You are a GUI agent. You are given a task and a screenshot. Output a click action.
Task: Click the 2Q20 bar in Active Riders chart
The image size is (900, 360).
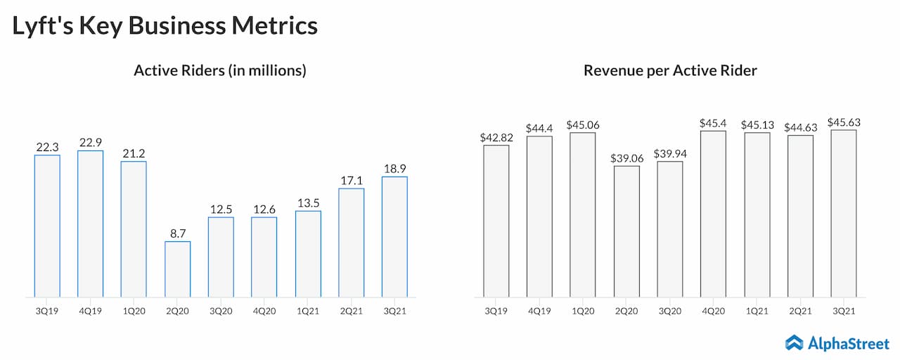177,269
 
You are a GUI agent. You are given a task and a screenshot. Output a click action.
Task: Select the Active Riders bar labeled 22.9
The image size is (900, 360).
90,224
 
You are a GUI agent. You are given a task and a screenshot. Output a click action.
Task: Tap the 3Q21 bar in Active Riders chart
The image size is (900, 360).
394,236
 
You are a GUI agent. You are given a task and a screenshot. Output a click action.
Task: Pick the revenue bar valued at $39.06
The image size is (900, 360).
626,231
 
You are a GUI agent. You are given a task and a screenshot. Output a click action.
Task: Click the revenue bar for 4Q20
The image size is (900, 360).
714,214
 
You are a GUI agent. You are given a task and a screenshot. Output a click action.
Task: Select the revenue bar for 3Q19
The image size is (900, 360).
496,221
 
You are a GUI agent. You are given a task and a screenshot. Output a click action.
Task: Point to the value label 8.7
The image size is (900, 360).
177,232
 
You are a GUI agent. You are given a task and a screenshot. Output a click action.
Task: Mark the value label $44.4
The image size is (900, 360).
539,128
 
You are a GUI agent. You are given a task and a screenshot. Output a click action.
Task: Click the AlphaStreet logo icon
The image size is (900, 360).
795,342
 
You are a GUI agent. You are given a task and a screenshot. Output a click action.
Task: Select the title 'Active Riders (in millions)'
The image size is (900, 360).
219,71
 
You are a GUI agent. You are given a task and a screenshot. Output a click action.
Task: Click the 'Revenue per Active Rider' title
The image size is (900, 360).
670,71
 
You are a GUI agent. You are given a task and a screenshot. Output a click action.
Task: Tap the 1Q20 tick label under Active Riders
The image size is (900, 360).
134,310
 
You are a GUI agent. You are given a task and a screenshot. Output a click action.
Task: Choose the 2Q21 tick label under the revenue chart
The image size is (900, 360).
800,310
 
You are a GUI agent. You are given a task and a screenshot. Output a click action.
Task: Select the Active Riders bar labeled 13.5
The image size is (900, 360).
307,254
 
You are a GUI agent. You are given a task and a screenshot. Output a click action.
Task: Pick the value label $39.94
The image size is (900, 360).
670,153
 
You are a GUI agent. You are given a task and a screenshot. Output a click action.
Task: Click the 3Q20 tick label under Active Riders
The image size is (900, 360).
221,310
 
